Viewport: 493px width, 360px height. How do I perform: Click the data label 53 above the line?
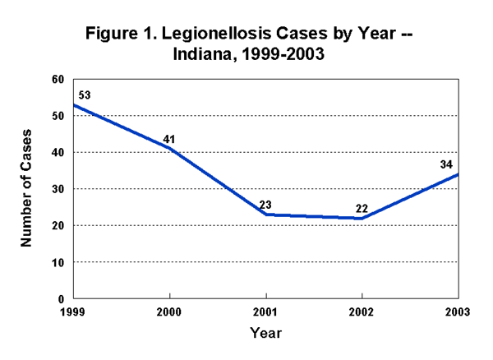[83, 95]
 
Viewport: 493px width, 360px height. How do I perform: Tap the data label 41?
[169, 139]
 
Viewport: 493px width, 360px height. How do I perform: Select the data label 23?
[265, 205]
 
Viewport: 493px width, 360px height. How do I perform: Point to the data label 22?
[362, 209]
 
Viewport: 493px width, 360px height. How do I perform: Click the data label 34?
[446, 164]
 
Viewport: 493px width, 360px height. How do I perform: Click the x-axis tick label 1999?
[74, 312]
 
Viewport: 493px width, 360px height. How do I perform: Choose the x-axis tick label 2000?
[169, 312]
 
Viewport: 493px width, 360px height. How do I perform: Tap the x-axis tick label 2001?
[265, 312]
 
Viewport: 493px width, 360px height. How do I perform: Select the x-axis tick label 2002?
[362, 312]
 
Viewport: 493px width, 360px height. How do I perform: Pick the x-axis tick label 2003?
[457, 312]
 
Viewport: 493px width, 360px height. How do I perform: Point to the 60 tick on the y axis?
[57, 80]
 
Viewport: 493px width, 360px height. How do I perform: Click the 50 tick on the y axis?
[57, 116]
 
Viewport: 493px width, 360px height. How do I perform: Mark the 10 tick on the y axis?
[57, 262]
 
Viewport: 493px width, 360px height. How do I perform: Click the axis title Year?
[265, 333]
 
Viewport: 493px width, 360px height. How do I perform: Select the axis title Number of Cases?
[25, 188]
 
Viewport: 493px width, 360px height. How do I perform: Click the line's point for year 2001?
[265, 215]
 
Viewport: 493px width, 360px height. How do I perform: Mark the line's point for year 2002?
[362, 218]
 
